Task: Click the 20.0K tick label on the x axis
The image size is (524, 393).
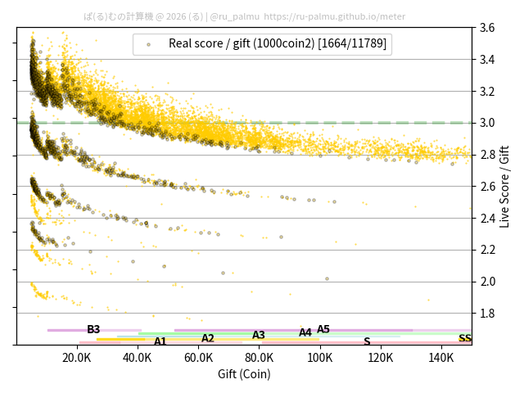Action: (77, 358)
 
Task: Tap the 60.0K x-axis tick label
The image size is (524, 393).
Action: (198, 358)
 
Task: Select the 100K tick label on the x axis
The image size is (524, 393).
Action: (320, 358)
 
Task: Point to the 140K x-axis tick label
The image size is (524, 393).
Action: (441, 358)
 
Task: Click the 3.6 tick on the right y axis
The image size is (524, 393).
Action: (487, 28)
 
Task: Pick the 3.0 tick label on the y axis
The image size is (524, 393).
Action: (487, 123)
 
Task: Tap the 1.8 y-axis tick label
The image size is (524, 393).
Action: (487, 314)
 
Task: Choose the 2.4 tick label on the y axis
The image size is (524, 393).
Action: (487, 218)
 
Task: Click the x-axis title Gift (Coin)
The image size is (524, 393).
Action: (244, 374)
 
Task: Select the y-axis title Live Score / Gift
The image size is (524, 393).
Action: (505, 186)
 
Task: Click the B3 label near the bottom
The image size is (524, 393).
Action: (93, 329)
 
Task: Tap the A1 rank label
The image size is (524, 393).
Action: (160, 341)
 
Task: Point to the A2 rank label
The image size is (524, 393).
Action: (208, 338)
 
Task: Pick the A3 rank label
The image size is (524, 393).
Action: (259, 335)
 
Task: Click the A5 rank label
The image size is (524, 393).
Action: (323, 329)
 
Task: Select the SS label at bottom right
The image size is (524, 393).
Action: (464, 338)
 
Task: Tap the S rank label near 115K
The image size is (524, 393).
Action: (367, 341)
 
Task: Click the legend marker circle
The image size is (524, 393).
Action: (148, 44)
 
